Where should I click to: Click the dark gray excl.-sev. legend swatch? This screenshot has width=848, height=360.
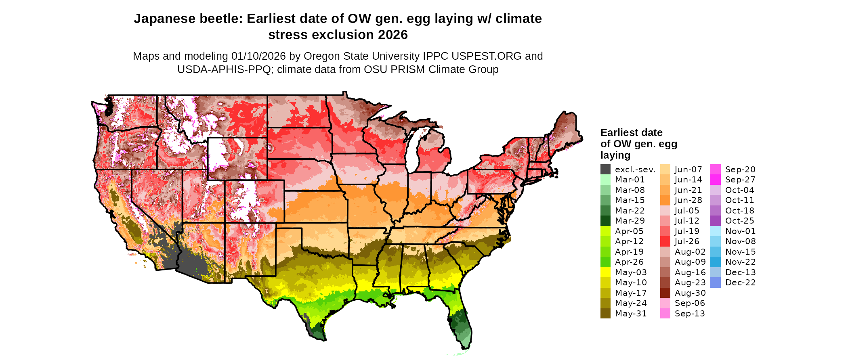605,170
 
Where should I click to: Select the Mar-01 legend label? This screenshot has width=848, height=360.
630,180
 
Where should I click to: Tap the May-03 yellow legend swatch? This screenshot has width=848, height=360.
605,272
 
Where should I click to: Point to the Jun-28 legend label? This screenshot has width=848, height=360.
688,200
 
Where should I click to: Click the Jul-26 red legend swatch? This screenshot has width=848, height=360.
665,241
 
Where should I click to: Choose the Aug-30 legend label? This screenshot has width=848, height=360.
690,293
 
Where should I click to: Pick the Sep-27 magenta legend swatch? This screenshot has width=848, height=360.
715,180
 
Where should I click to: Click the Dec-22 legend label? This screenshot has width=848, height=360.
740,283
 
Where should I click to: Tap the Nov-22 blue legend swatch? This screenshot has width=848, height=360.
715,262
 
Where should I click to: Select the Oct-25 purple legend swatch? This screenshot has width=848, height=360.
715,221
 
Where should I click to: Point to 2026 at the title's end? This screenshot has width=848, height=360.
393,35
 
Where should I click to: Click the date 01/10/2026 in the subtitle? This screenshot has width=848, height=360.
258,56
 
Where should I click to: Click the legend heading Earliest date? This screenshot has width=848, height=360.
631,132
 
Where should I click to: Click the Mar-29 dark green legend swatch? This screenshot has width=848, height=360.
605,221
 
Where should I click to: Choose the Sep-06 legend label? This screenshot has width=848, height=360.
690,303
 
